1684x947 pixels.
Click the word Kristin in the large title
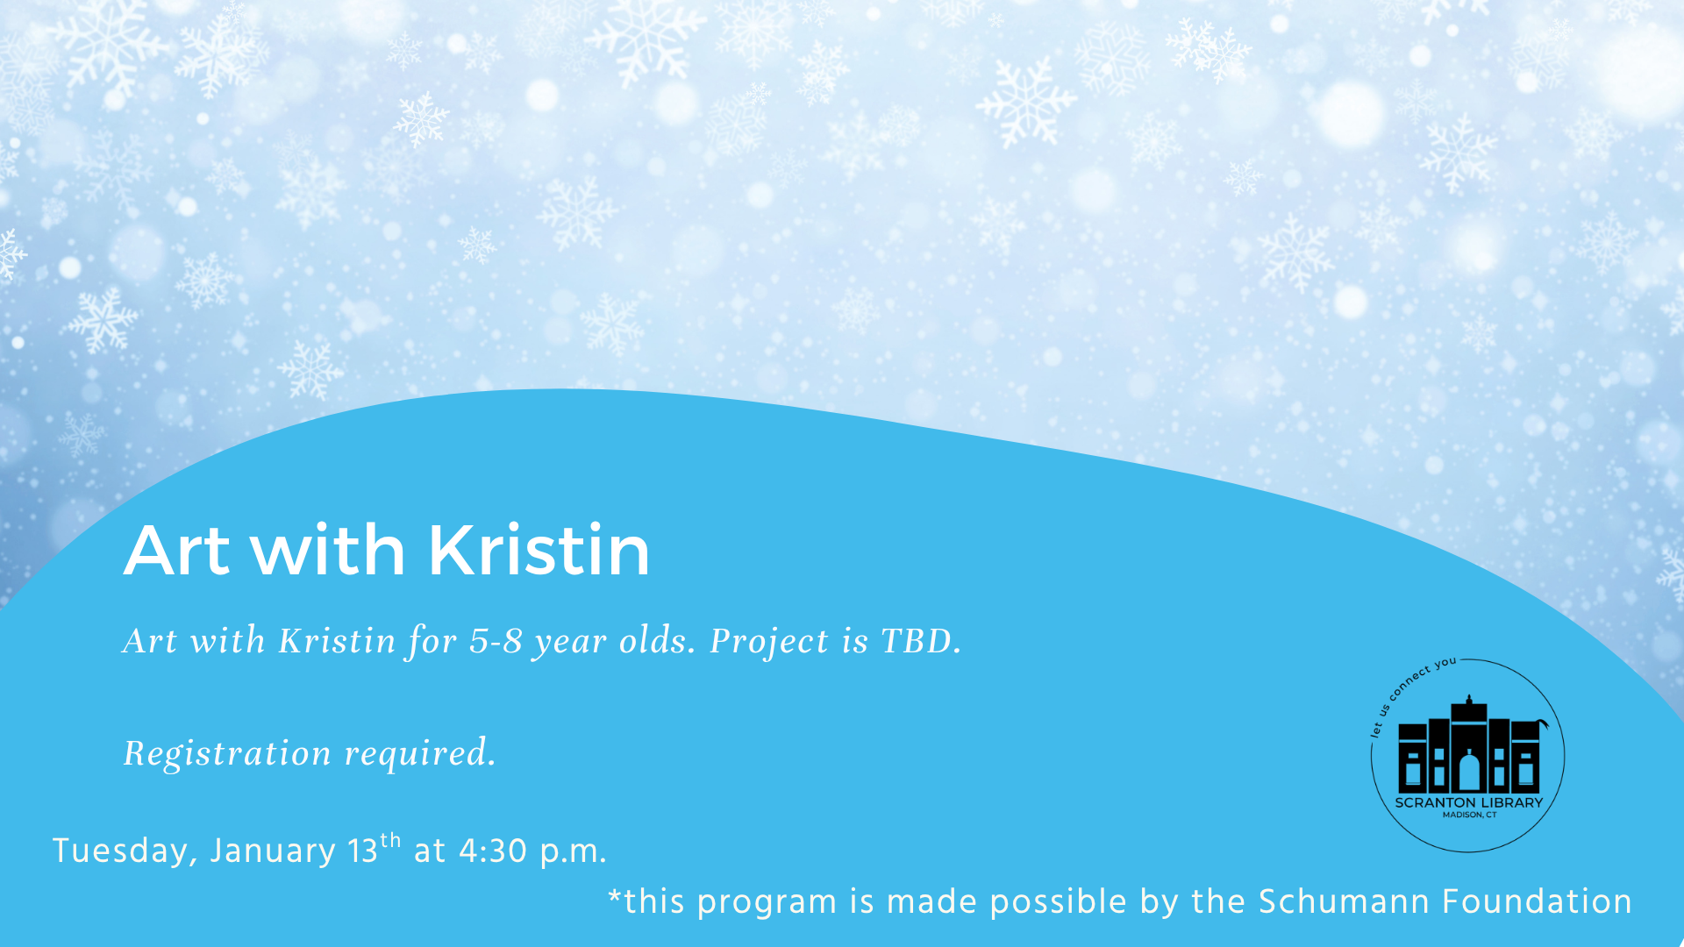tap(539, 550)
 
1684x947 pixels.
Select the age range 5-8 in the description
tap(496, 641)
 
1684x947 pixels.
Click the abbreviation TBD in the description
tap(921, 641)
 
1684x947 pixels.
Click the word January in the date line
tap(272, 851)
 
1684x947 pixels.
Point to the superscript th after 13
tap(390, 840)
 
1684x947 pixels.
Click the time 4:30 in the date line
tap(492, 851)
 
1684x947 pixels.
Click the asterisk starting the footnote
tap(614, 896)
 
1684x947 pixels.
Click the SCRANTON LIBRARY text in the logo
tap(1469, 802)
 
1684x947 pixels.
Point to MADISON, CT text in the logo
tap(1470, 815)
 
